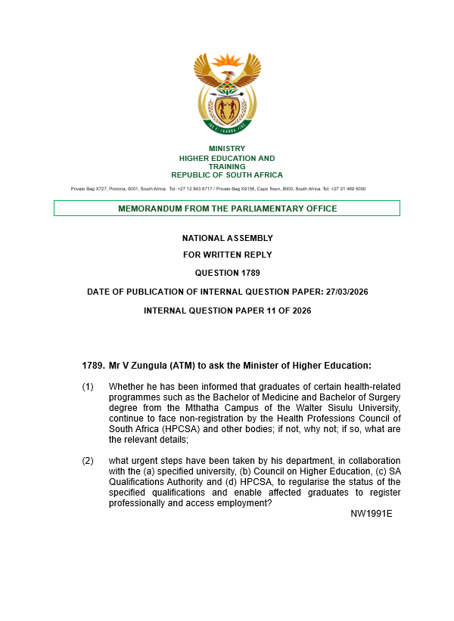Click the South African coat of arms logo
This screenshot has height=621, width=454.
point(226,94)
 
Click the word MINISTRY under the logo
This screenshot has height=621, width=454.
point(226,149)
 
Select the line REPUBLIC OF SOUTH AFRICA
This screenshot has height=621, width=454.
point(226,175)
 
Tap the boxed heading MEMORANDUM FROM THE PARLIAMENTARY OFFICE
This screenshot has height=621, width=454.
point(227,209)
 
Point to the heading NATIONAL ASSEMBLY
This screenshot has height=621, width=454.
point(227,238)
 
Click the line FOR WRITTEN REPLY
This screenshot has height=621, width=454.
point(227,255)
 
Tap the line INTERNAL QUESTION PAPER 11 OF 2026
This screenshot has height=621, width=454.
point(227,310)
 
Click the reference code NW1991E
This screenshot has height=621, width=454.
point(371,514)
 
